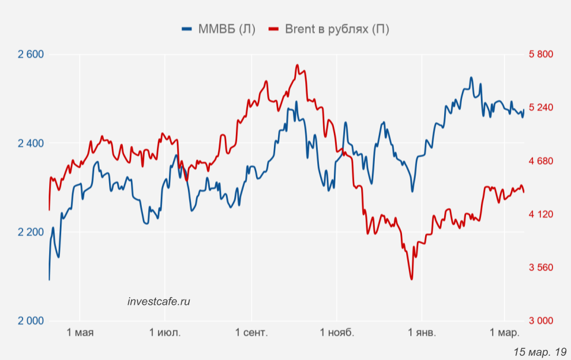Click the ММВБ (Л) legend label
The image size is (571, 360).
[x=227, y=28]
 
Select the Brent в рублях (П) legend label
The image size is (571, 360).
[x=337, y=28]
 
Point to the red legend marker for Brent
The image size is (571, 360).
[x=274, y=28]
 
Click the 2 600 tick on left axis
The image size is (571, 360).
[x=31, y=55]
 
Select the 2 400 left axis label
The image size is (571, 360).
[x=31, y=144]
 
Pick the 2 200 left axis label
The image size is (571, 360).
[x=31, y=232]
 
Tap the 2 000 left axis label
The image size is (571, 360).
[x=31, y=321]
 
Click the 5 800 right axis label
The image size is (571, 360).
[x=540, y=55]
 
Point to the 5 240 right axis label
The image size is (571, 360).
[x=540, y=107]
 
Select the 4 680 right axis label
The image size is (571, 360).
[x=540, y=161]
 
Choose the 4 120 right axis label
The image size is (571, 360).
[x=540, y=214]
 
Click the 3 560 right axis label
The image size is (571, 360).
[x=540, y=267]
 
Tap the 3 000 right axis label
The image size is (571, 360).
[x=540, y=321]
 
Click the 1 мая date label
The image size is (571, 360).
[x=80, y=333]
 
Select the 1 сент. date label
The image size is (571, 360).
[x=251, y=333]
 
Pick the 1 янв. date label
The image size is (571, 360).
[x=421, y=333]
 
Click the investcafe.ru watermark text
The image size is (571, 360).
[x=159, y=301]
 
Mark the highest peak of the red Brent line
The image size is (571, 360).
[x=297, y=65]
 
